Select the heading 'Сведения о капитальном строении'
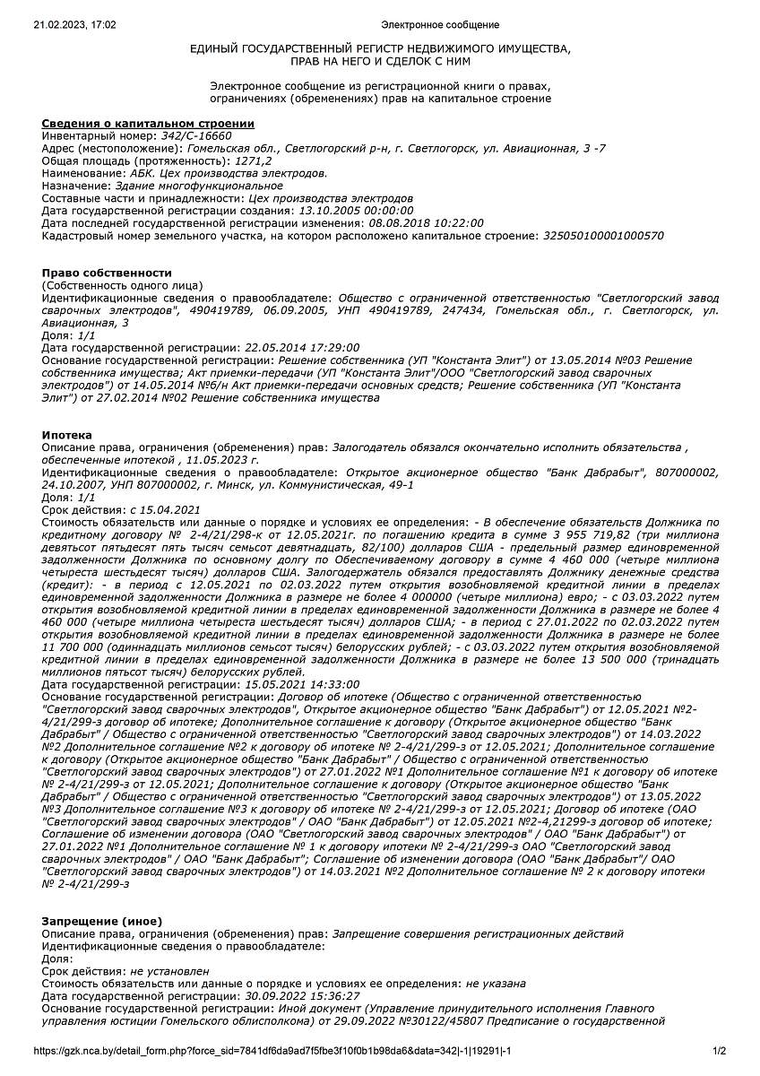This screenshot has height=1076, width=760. pos(148,123)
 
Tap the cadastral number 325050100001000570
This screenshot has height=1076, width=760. pos(604,236)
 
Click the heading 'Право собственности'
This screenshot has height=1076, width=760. pos(107,273)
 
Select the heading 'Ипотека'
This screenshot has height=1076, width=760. pos(67,435)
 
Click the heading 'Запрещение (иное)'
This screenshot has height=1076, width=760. pos(102,921)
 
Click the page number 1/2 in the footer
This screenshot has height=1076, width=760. pos(719,1051)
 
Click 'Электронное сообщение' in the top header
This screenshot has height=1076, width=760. pos(440,25)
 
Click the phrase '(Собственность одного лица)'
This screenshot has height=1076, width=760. pos(123,284)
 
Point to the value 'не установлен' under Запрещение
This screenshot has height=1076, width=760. pos(169,971)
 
